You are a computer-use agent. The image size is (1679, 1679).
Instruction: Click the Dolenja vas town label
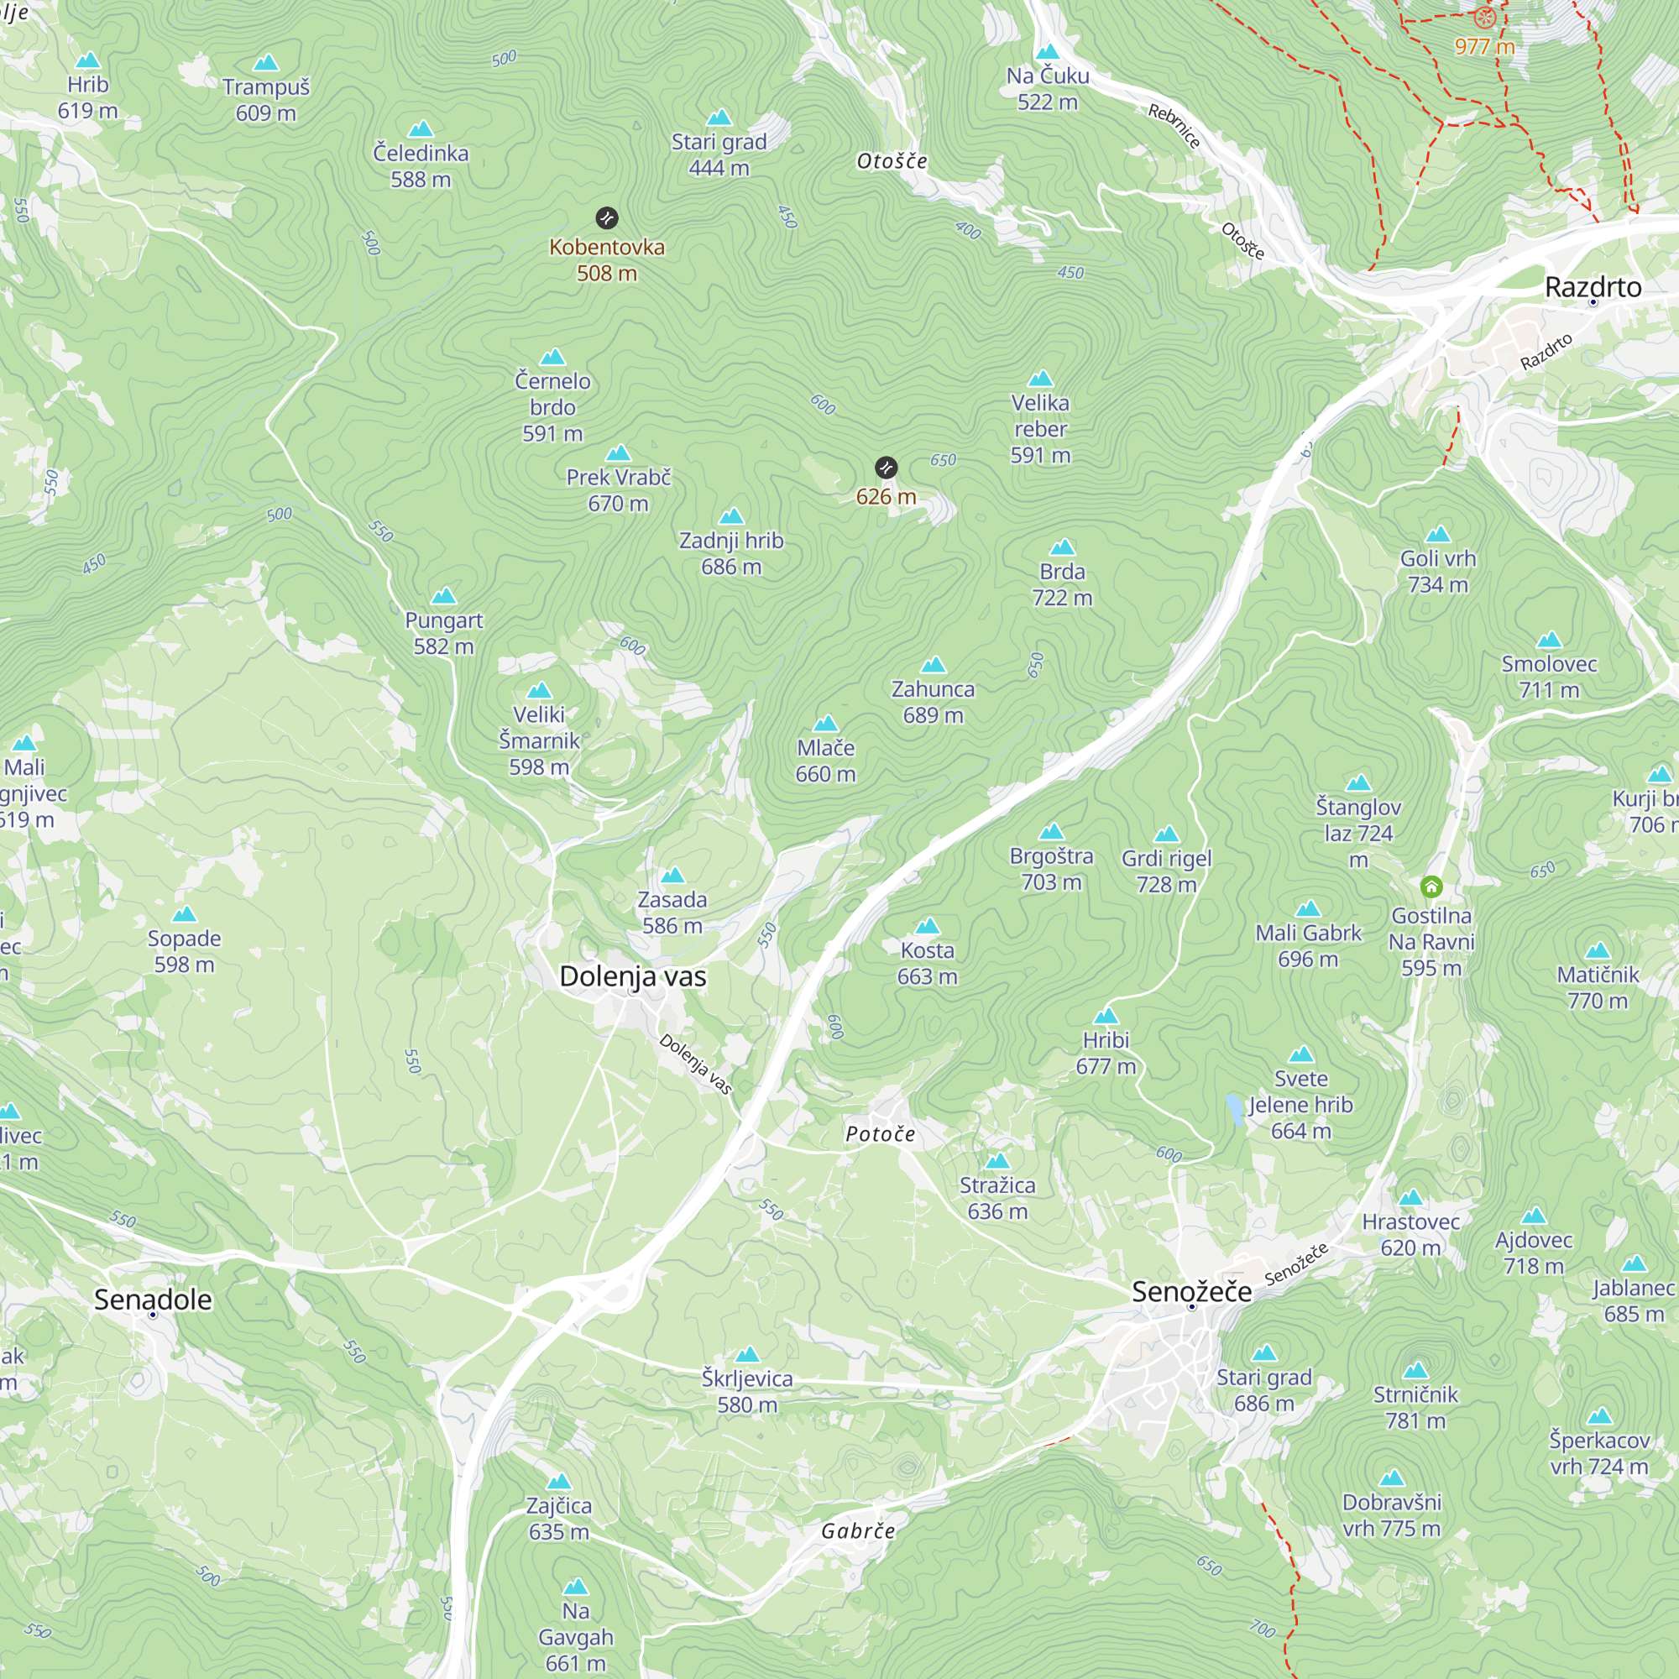click(633, 976)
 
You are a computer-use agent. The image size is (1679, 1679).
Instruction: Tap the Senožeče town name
click(1191, 1291)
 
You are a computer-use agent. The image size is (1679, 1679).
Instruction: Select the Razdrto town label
click(1593, 287)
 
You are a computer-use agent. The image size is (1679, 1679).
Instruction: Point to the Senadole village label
click(153, 1300)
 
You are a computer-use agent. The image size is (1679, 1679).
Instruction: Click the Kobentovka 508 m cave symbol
click(607, 217)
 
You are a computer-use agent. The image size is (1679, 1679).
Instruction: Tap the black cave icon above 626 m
click(886, 468)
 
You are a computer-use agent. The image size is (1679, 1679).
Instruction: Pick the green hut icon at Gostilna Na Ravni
click(1431, 887)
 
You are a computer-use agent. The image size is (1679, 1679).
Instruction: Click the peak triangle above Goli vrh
click(1438, 534)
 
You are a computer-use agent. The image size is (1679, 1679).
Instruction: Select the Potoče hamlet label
click(881, 1133)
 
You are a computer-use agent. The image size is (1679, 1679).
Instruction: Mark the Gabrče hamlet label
click(858, 1530)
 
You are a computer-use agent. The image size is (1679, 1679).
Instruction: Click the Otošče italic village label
click(892, 161)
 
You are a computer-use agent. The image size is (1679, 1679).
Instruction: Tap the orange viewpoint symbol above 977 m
click(1484, 17)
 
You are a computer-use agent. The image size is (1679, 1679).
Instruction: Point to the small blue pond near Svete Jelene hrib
click(1234, 1110)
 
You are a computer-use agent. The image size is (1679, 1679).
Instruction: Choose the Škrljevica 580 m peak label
click(747, 1390)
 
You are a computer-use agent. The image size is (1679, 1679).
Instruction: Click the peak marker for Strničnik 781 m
click(1415, 1371)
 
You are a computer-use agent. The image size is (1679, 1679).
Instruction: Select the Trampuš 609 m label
click(266, 99)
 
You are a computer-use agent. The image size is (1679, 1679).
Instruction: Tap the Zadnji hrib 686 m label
click(731, 552)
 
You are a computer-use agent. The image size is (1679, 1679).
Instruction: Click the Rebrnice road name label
click(1174, 126)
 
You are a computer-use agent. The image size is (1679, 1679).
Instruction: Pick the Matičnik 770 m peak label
click(1598, 987)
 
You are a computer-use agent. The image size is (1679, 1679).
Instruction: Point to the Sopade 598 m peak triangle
click(184, 914)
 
